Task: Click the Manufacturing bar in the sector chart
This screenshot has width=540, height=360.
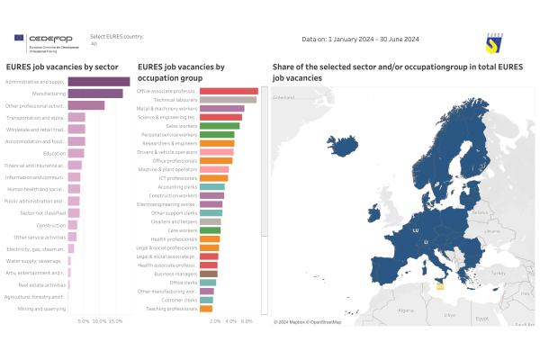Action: click(95, 94)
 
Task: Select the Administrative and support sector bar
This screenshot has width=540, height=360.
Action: click(99, 82)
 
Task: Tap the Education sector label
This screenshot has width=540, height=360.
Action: click(54, 153)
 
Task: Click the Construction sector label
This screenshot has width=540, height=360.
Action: click(50, 225)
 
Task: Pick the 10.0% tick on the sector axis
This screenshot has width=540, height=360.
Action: click(100, 320)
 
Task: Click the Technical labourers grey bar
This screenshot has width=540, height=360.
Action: click(228, 100)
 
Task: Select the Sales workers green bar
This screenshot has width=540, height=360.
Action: click(219, 126)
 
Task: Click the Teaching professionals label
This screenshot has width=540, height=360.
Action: click(166, 309)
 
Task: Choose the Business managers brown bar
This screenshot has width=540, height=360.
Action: click(208, 274)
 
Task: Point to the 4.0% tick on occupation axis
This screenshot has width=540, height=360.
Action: click(230, 320)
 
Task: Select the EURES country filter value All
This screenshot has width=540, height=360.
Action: click(94, 42)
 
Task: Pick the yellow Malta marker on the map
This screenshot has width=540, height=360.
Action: click(440, 287)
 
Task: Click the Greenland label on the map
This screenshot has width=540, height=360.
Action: click(284, 96)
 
